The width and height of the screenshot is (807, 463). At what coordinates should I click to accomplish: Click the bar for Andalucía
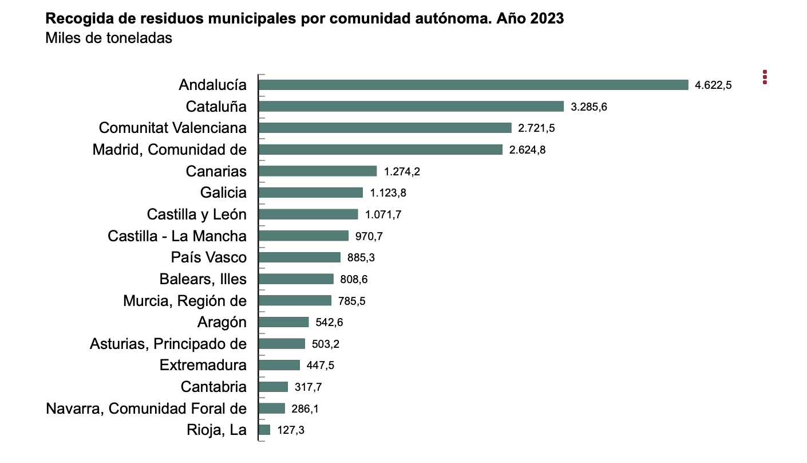pyautogui.click(x=473, y=85)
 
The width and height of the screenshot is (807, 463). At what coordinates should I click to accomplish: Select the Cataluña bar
pyautogui.click(x=412, y=107)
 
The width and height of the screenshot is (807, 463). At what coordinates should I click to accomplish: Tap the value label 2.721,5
pyautogui.click(x=536, y=128)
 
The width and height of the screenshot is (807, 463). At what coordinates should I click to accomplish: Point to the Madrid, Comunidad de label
pyautogui.click(x=169, y=150)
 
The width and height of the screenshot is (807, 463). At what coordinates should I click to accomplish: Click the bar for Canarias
pyautogui.click(x=318, y=171)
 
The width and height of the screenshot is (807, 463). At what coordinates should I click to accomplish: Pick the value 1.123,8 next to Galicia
pyautogui.click(x=388, y=193)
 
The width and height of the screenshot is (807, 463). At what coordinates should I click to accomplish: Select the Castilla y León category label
pyautogui.click(x=196, y=214)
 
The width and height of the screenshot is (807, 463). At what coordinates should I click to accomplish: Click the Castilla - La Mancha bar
pyautogui.click(x=303, y=236)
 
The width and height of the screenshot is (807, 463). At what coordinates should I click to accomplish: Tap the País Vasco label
pyautogui.click(x=208, y=257)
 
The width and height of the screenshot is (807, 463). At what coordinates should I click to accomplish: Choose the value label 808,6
pyautogui.click(x=354, y=280)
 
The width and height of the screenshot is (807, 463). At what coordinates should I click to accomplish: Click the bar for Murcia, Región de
pyautogui.click(x=295, y=301)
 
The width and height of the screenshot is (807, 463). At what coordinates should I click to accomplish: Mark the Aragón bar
pyautogui.click(x=284, y=322)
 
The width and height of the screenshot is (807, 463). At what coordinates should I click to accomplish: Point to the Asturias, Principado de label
pyautogui.click(x=168, y=344)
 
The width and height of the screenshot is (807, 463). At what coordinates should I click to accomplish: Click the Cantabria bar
pyautogui.click(x=273, y=387)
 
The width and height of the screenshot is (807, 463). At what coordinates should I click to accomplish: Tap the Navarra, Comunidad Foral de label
pyautogui.click(x=146, y=409)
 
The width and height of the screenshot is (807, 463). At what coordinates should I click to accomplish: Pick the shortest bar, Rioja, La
pyautogui.click(x=264, y=430)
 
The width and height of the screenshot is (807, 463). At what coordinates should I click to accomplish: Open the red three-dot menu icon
pyautogui.click(x=765, y=77)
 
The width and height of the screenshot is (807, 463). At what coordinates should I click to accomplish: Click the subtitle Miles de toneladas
pyautogui.click(x=109, y=38)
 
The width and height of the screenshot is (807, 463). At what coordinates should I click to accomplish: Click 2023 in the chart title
pyautogui.click(x=547, y=18)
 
